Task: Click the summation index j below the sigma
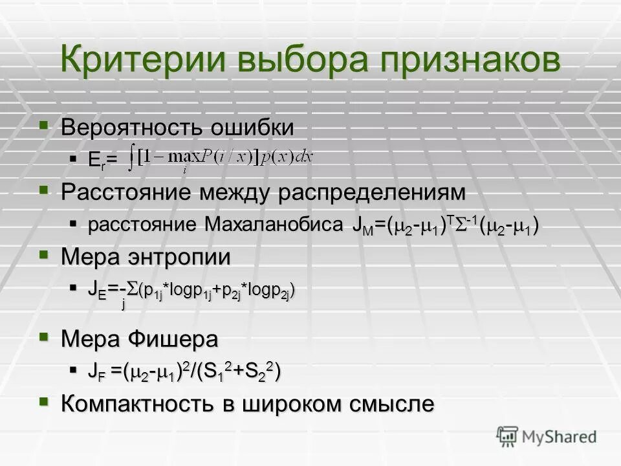(x=123, y=305)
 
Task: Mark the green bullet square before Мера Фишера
(x=43, y=337)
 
